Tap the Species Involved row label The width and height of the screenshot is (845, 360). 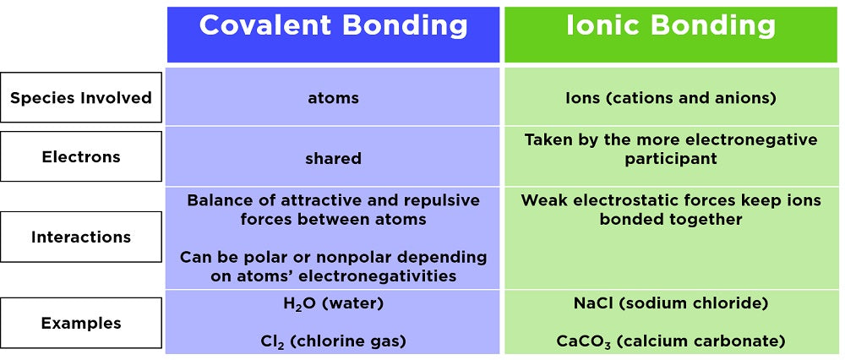pos(81,97)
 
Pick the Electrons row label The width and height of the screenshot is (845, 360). pos(81,156)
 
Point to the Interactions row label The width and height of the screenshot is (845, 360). pos(81,237)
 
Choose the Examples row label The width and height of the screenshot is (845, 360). pos(81,323)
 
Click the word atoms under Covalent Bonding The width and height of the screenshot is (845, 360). pos(333,98)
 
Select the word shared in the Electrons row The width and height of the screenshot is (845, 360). pos(333,158)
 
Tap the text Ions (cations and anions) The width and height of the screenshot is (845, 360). pos(671,98)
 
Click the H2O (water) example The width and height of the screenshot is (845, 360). pos(333,304)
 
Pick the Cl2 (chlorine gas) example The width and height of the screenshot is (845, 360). pos(333,341)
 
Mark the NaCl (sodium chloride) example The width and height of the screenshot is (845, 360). pos(671,303)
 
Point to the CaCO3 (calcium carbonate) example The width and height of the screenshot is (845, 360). pos(671,341)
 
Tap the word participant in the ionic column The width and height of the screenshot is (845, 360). pos(671,160)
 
